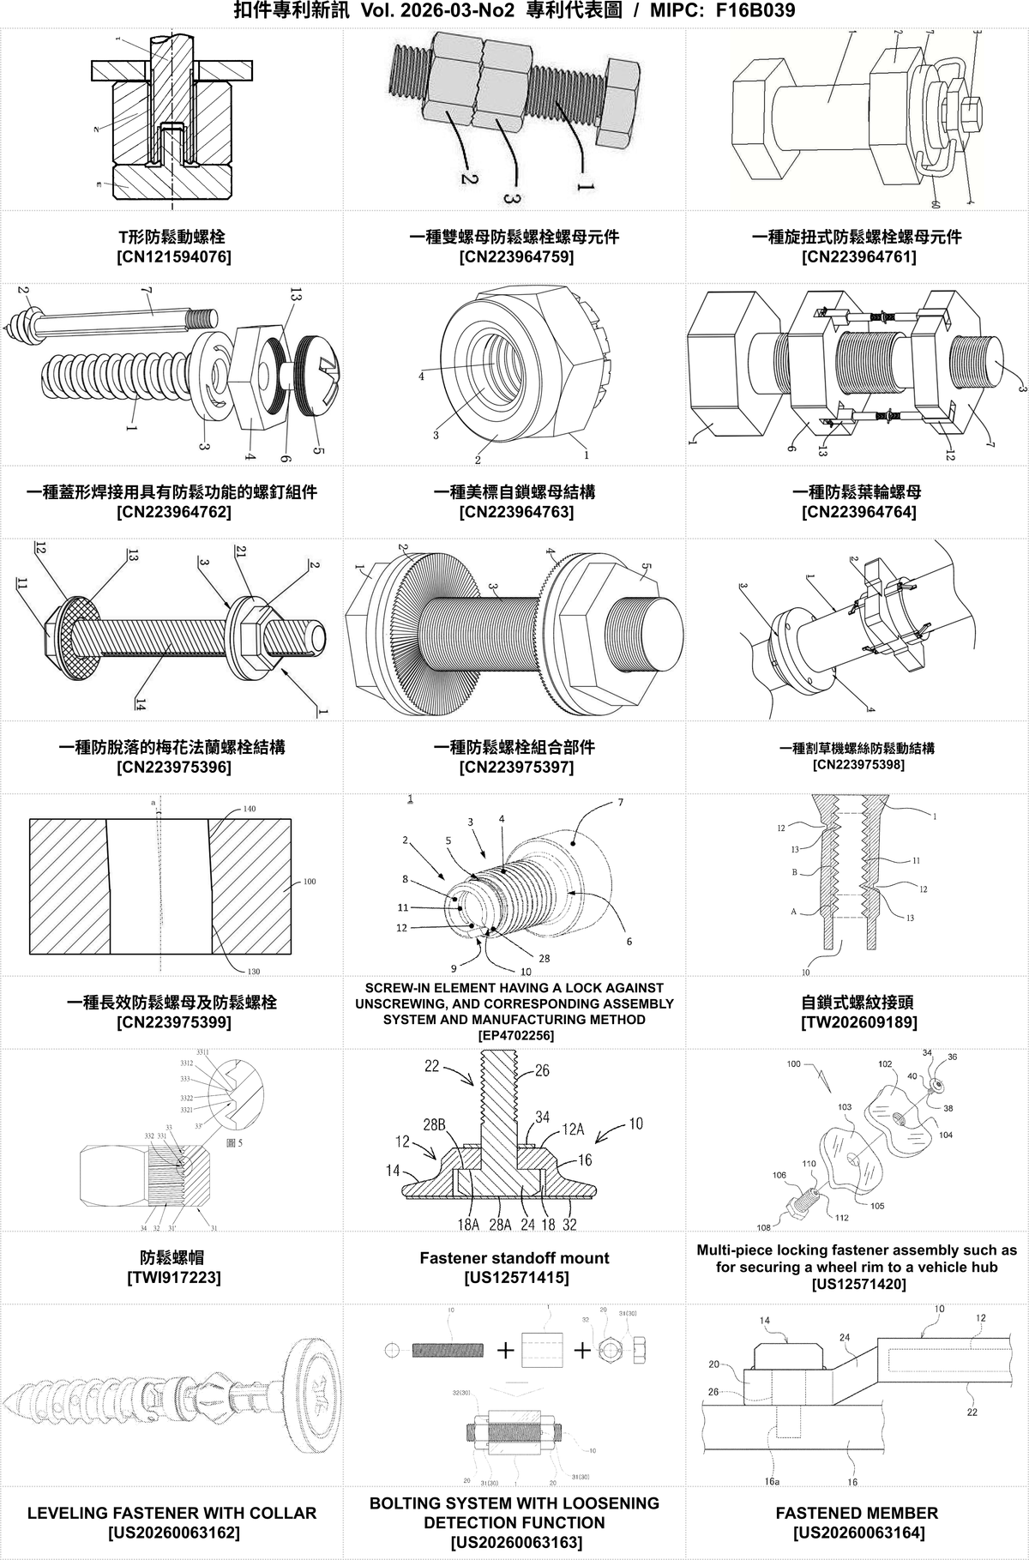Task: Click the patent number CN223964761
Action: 857,256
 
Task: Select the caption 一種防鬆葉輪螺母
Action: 857,491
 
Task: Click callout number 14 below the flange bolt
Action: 140,704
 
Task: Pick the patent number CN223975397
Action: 514,767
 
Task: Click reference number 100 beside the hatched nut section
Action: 310,881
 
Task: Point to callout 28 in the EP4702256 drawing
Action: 544,958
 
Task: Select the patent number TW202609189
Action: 857,1022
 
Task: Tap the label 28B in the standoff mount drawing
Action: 434,1124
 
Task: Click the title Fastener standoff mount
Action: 514,1258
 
